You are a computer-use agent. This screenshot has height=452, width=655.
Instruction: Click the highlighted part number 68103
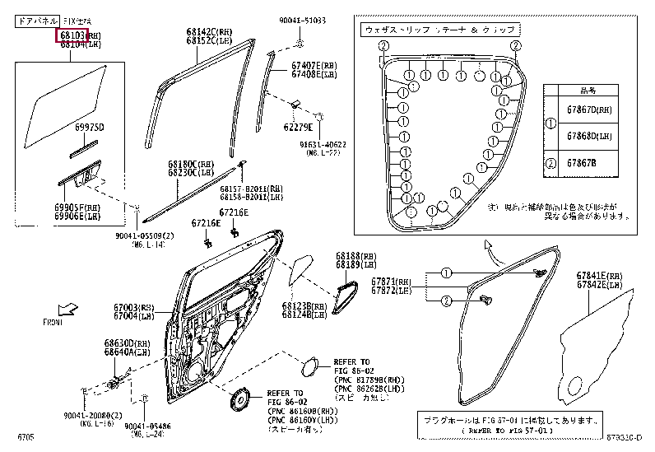click(x=72, y=36)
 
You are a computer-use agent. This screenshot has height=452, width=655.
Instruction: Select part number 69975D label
click(x=91, y=127)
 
